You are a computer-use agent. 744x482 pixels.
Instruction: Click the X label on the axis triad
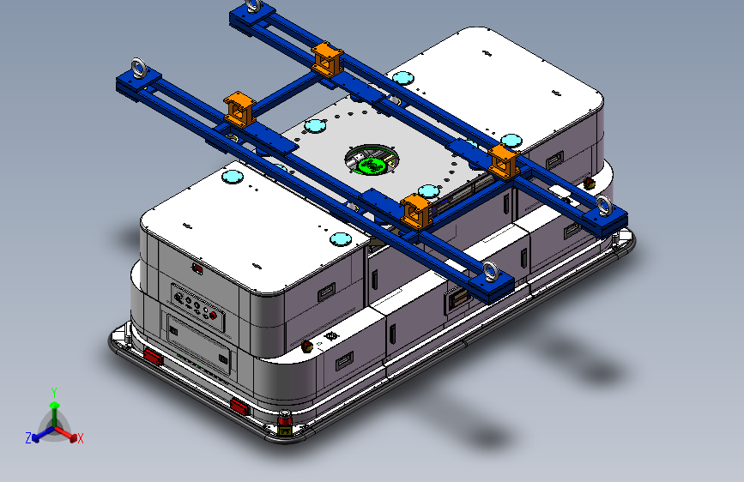point(80,439)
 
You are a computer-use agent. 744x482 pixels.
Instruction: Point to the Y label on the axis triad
point(54,393)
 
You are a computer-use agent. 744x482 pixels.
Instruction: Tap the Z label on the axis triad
point(28,438)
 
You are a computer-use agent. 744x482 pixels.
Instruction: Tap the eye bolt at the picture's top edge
point(253,5)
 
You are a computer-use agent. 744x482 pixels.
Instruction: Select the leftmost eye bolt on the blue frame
point(139,69)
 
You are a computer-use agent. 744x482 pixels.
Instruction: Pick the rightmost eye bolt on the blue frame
point(604,206)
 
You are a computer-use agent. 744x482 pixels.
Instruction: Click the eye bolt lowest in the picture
point(491,273)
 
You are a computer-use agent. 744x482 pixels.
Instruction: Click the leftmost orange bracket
point(239,110)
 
